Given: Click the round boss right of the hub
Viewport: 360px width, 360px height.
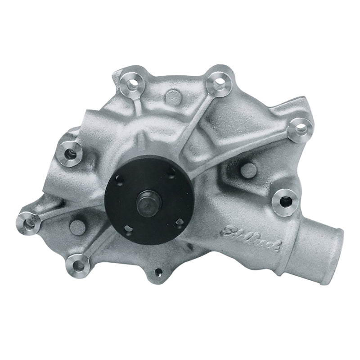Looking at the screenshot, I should [249, 169].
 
